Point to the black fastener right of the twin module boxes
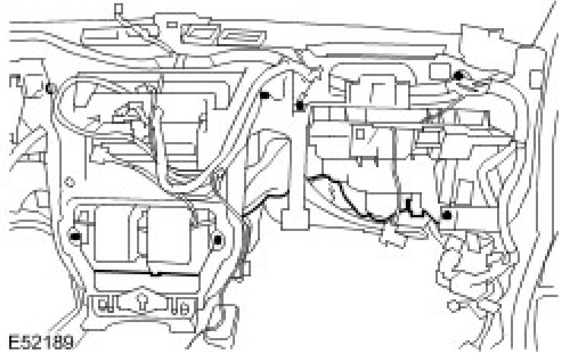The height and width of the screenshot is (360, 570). click(217, 241)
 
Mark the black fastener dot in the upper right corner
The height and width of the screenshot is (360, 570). click(458, 77)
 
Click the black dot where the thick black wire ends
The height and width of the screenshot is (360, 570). click(447, 216)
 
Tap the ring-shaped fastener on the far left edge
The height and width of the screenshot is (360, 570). click(49, 88)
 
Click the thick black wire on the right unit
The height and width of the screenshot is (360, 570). click(365, 201)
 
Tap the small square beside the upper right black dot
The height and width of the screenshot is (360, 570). click(435, 72)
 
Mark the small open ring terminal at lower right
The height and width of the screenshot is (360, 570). click(454, 308)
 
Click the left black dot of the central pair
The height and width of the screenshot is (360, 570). click(265, 96)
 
